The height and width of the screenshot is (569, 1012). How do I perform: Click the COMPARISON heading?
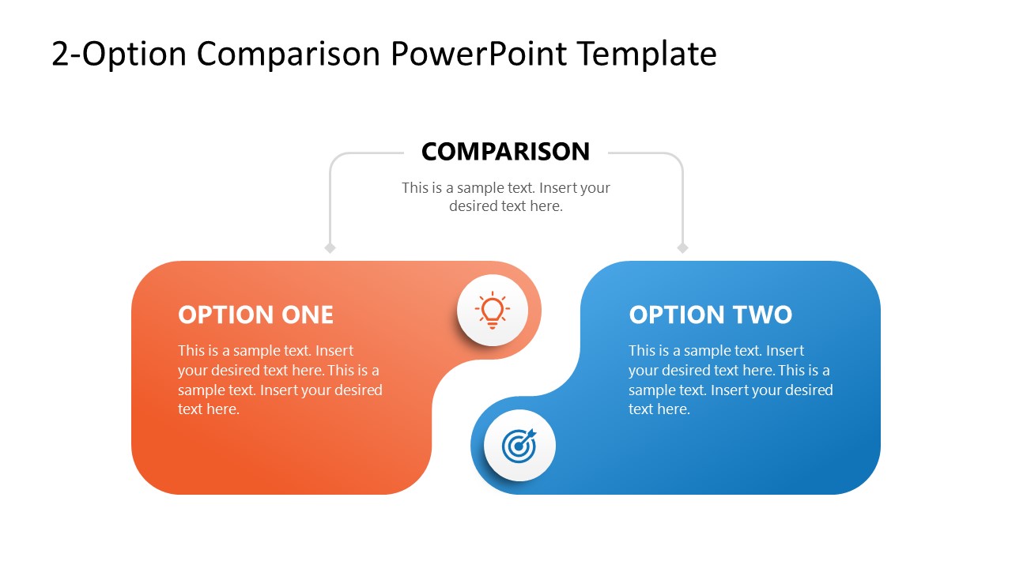coord(505,151)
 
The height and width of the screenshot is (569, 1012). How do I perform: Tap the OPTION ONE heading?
coord(255,315)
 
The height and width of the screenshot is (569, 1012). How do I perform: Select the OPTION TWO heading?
coord(710,315)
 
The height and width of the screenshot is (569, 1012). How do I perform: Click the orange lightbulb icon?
coord(492,311)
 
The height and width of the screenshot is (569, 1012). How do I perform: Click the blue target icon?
coord(519,446)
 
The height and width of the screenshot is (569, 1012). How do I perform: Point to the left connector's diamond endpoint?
coord(330,248)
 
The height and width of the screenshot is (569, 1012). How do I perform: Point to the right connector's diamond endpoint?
coord(682,248)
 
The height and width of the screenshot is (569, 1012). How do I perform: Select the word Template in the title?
coord(646,54)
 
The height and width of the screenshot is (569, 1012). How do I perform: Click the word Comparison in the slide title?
coord(289,54)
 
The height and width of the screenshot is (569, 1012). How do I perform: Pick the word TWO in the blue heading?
coord(762,315)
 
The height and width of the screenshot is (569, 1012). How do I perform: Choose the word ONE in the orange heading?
coord(307,315)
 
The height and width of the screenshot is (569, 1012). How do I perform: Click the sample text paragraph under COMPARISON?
coord(505,197)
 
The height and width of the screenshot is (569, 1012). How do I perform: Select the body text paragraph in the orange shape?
coord(279,379)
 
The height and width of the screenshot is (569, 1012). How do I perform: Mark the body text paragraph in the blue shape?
coord(730,379)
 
